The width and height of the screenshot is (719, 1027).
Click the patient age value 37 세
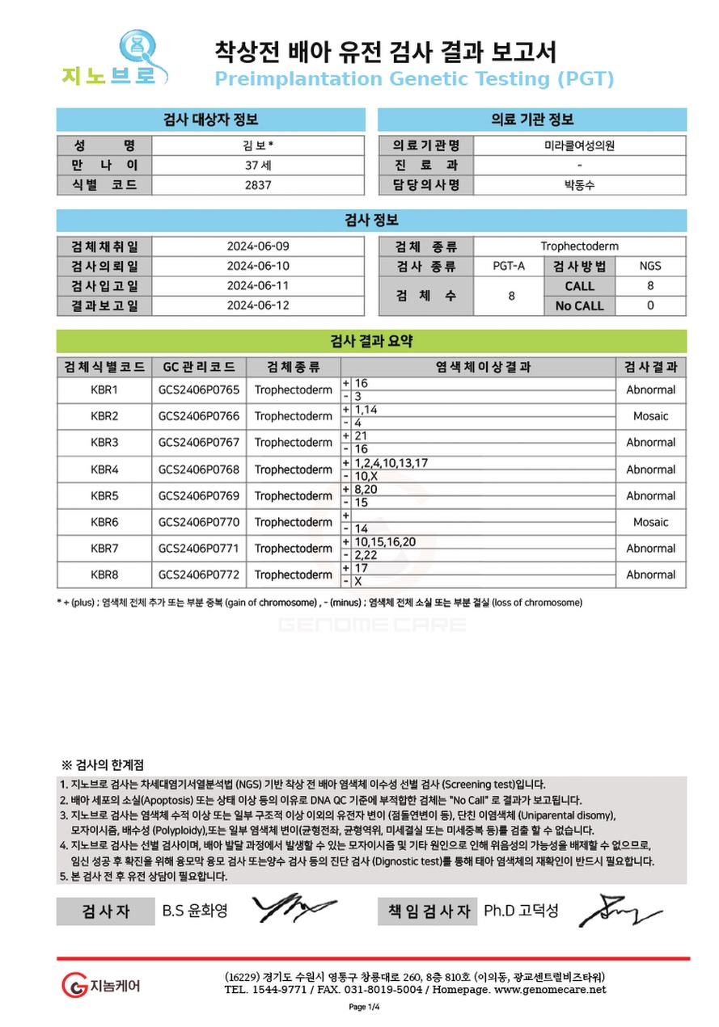[258, 165]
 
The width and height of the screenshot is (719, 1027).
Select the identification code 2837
[258, 184]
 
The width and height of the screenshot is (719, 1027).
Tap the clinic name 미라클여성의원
[579, 145]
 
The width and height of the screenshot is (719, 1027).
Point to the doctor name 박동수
[579, 184]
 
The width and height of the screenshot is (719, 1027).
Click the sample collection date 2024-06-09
[258, 246]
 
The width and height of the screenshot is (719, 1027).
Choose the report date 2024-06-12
[258, 305]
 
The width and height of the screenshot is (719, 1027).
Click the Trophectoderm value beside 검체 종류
[579, 246]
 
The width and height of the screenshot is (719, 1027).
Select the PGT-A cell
[511, 266]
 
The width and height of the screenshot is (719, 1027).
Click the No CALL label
[579, 305]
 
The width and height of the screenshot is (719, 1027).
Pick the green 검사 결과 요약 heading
[371, 341]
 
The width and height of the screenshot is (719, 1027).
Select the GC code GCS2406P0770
[199, 522]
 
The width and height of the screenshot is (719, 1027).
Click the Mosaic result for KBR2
[650, 416]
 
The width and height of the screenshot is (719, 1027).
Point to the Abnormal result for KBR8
[650, 575]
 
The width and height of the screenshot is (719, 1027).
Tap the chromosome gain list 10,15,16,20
[385, 542]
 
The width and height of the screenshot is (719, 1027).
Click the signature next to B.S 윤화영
[294, 908]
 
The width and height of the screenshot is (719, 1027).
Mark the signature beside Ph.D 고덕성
[618, 910]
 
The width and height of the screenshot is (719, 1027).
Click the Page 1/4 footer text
[364, 1007]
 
